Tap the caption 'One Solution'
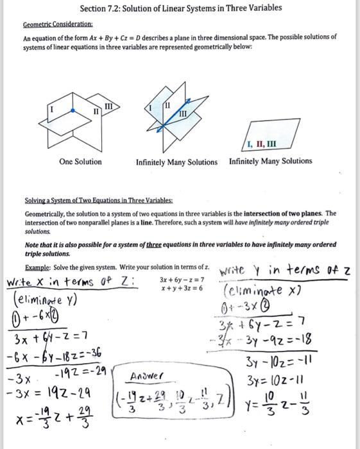point(80,162)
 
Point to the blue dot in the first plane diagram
point(74,110)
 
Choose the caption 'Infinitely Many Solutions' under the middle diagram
point(176,162)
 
